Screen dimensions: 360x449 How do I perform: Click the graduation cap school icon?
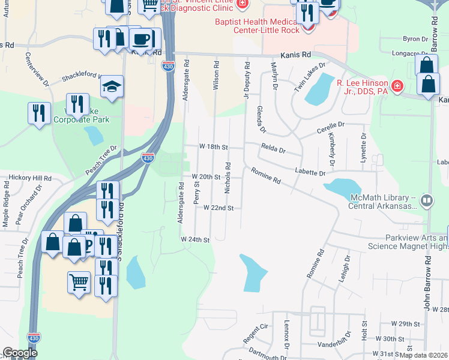click(112, 87)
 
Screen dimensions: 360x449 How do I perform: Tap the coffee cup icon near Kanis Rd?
click(142, 40)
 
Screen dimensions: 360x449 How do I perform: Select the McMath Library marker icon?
click(427, 200)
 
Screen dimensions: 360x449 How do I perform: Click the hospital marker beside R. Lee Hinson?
click(397, 88)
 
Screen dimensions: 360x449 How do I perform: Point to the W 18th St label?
click(214, 147)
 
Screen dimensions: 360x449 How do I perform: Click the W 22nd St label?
click(217, 208)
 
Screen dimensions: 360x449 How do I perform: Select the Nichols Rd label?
click(228, 178)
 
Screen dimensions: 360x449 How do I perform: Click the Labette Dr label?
click(310, 172)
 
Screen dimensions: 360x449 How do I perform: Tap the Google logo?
click(20, 353)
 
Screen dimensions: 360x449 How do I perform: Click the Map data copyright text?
click(423, 355)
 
